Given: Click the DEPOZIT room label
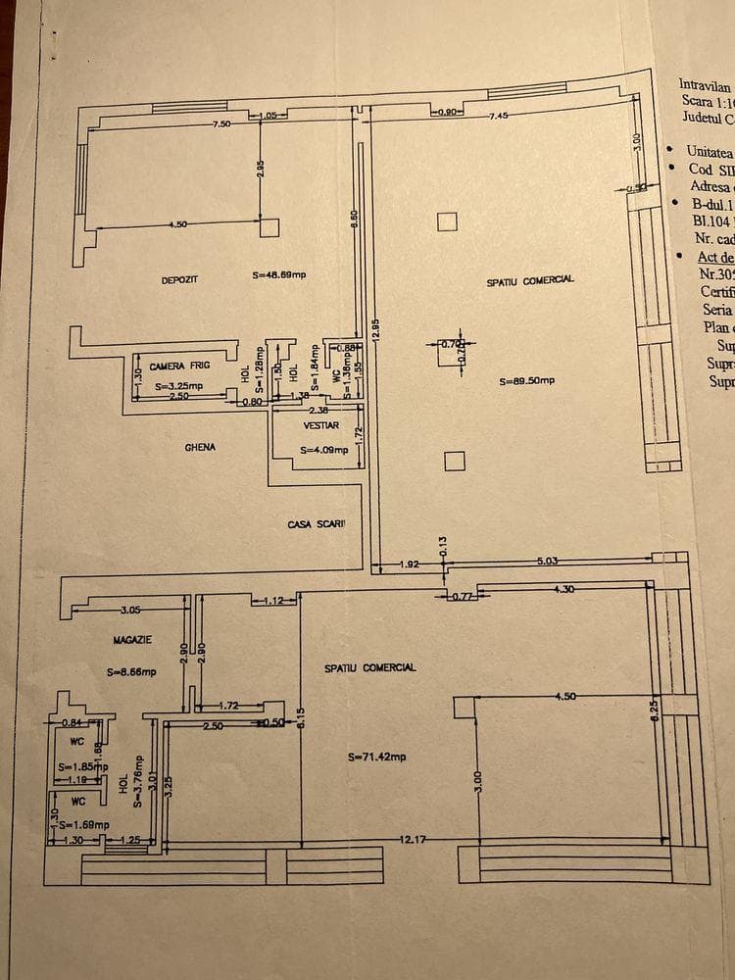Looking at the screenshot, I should coord(179,280).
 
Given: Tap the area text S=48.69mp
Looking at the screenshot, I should coord(278,275).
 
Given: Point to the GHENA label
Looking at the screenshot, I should coord(200,447).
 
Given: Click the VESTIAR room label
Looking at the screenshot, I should coord(321,426).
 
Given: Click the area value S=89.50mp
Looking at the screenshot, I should coord(527,381).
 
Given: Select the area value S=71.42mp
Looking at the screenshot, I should coord(376,757).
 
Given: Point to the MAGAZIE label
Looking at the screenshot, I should coord(132,639).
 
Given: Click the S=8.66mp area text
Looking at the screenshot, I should coord(131,673).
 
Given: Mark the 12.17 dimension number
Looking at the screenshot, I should coord(413,840).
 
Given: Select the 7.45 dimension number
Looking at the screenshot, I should coord(502,116).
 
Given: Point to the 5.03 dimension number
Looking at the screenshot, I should coord(547,561).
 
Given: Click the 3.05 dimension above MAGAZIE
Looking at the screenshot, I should coord(131,611).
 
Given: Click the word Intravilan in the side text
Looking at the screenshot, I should coord(705,85).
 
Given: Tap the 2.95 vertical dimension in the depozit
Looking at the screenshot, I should coord(260,168).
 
